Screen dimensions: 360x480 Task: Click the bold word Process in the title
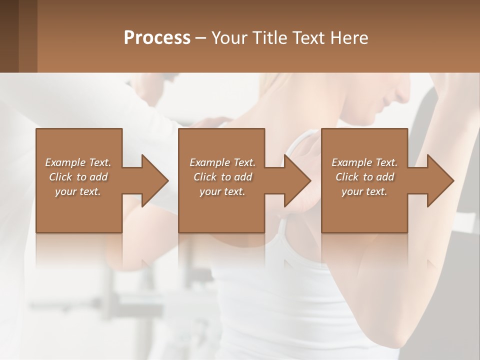[x=157, y=38]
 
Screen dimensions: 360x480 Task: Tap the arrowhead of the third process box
[x=440, y=180]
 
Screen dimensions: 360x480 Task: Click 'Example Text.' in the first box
[x=78, y=162]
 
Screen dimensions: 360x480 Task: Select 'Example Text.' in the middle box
[x=222, y=162]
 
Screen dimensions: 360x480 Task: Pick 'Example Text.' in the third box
[x=364, y=162]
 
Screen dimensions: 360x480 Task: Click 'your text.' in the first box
[x=78, y=191]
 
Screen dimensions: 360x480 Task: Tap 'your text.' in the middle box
[x=222, y=191]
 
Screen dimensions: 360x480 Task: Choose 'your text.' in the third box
[x=364, y=191]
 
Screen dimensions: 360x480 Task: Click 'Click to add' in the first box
[x=78, y=177]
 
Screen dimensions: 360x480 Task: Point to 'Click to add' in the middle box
[x=222, y=177]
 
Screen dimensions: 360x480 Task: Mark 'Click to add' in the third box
[x=364, y=177]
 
